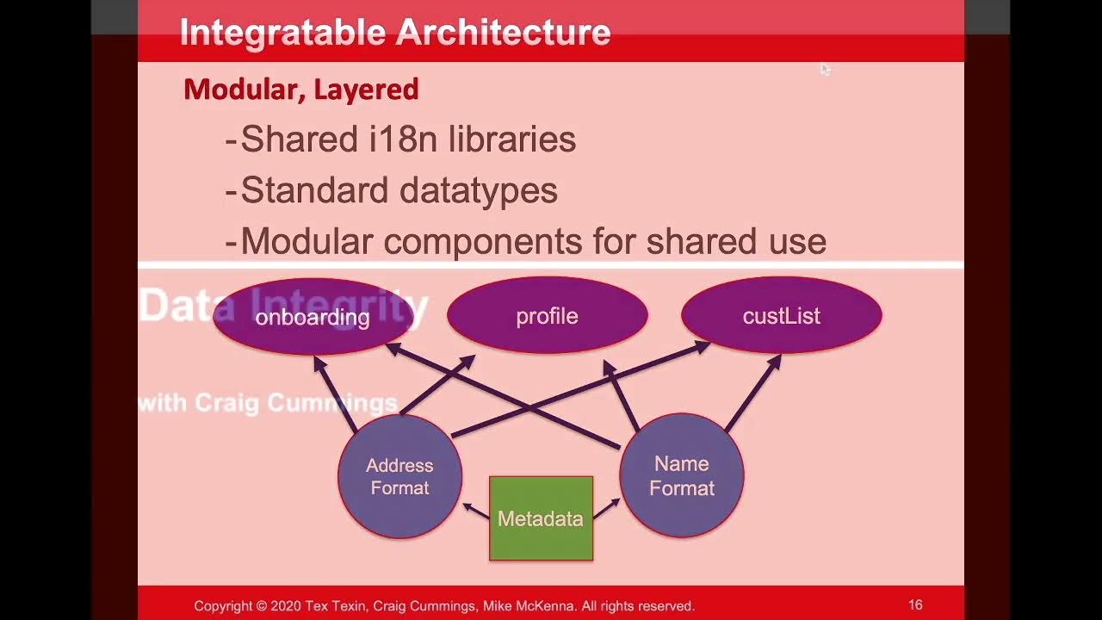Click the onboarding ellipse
tap(313, 317)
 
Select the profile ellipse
tap(547, 316)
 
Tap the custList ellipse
tap(781, 316)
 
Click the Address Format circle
tap(399, 476)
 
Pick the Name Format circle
tap(681, 476)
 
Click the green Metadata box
tap(541, 518)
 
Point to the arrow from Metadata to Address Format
tap(475, 511)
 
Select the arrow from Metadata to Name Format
tap(606, 509)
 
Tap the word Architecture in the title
tap(503, 33)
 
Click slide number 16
tap(915, 605)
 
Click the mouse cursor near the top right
tap(825, 69)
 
